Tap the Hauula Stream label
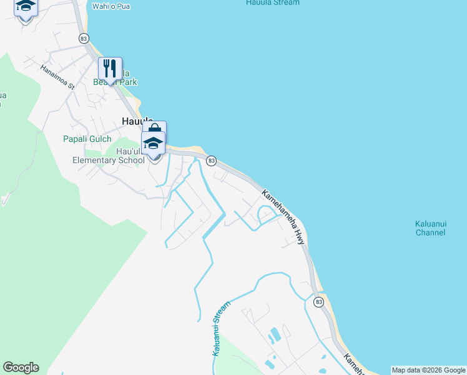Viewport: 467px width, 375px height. [x=273, y=2]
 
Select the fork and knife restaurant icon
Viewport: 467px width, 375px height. [x=110, y=68]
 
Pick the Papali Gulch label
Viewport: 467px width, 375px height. [x=87, y=139]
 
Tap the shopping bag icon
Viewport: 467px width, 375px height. [x=155, y=129]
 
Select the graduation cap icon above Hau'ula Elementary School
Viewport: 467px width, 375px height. [x=154, y=143]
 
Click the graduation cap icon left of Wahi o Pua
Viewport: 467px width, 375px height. [x=26, y=6]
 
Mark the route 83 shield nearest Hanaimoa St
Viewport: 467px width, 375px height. [x=84, y=39]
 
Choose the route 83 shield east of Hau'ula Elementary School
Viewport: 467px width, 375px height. [x=212, y=161]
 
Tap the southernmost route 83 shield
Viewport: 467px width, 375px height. [x=318, y=302]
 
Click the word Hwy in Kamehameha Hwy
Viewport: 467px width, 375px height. [x=300, y=236]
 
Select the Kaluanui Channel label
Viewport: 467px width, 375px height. [x=430, y=228]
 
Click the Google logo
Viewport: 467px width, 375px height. [x=21, y=367]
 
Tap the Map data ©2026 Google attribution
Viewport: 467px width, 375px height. [x=429, y=370]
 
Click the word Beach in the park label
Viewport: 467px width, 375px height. [x=102, y=82]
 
